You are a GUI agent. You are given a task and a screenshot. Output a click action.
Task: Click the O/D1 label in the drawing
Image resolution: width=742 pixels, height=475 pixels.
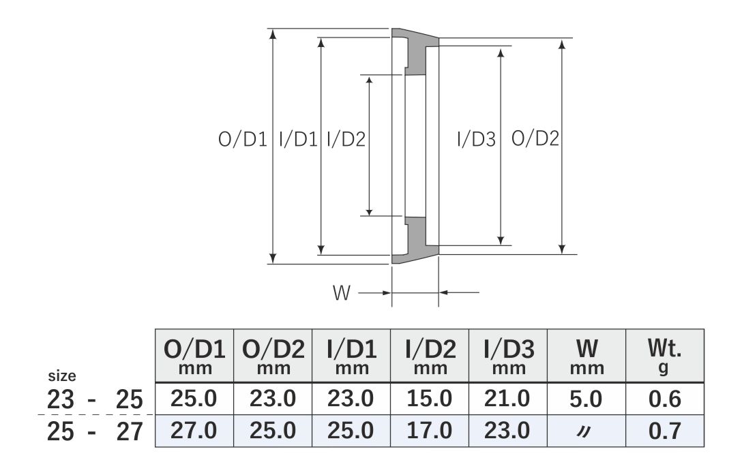(241, 140)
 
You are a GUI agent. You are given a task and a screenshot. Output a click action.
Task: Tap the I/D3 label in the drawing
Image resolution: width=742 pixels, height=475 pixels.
(475, 140)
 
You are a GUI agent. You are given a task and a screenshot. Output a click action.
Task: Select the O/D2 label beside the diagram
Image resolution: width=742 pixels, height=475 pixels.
(535, 140)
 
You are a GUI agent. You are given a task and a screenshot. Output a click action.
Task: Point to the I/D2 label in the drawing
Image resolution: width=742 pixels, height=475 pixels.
(346, 140)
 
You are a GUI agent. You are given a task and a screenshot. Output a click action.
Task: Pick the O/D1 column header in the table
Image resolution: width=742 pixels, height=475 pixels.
(194, 355)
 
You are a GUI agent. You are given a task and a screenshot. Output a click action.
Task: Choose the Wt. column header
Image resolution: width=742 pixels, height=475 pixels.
(664, 355)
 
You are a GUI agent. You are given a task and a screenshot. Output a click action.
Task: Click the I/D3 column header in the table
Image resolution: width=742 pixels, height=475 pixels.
(508, 355)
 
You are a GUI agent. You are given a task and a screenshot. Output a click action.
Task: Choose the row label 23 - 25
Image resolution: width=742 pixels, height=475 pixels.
(95, 399)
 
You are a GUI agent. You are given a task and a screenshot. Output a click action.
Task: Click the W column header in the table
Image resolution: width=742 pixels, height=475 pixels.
(587, 355)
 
